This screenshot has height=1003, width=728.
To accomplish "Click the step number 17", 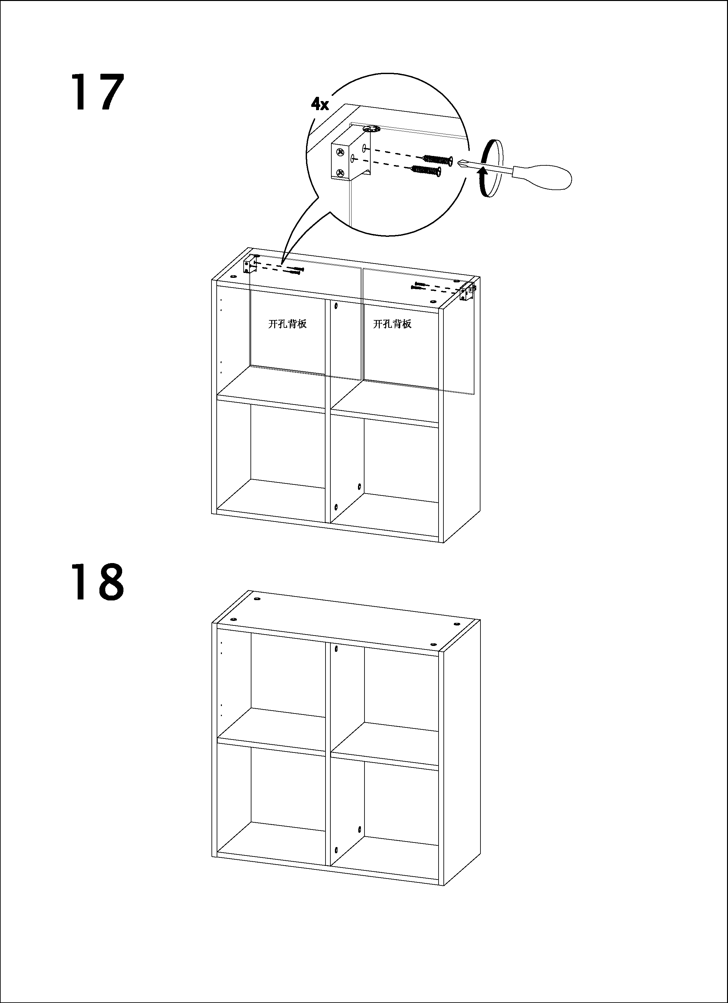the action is [97, 92].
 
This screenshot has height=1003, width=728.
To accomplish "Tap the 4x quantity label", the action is [320, 104].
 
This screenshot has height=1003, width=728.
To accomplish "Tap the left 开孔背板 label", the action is [287, 324].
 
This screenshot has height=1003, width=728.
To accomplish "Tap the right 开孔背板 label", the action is [392, 324].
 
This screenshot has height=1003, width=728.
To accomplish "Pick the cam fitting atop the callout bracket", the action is [371, 129].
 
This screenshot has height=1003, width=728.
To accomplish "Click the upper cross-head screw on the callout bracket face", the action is [340, 153].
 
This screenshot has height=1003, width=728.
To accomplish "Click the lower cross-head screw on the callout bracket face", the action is [340, 173].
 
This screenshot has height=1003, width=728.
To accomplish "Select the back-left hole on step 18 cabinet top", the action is [257, 599].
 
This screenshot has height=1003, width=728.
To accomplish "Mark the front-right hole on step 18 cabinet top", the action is [433, 645].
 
